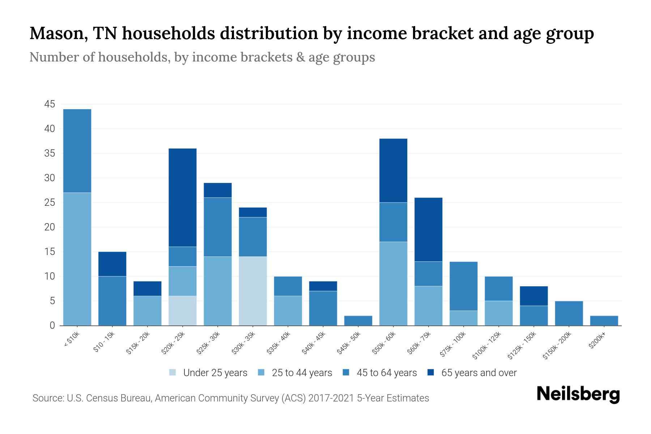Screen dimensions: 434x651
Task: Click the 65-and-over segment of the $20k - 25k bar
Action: coord(183,197)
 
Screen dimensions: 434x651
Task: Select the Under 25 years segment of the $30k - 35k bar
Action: coord(253,291)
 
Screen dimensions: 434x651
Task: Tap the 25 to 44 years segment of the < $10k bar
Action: coord(77,259)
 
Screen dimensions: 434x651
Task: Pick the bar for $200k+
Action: coord(604,320)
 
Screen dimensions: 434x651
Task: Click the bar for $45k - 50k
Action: coord(358,320)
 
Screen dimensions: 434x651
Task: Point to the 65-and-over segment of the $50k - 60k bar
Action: coord(393,170)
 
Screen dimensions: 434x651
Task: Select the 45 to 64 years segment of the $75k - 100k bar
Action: coord(463,286)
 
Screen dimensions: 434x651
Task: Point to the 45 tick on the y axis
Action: coord(50,105)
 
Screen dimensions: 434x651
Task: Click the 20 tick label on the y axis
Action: coord(50,227)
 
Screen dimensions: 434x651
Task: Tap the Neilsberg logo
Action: coord(578,394)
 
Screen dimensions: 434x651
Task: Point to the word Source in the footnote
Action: coord(47,398)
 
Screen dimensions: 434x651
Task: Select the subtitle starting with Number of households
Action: coord(202,57)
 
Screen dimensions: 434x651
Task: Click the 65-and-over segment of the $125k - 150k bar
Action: coord(533,296)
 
